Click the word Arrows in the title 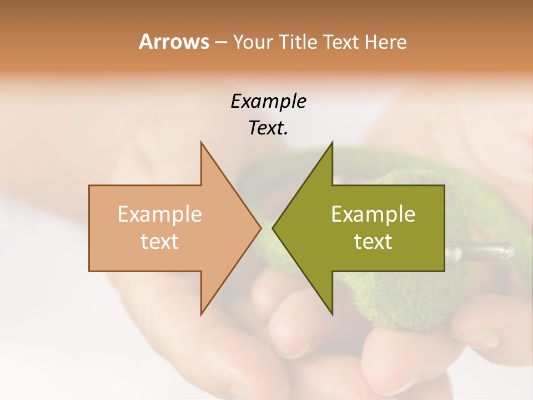[173, 42]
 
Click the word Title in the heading [298, 42]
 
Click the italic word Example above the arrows [268, 102]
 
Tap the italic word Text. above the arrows [268, 128]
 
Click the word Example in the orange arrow [159, 214]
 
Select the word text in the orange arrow [159, 242]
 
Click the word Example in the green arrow [373, 214]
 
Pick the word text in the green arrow [373, 242]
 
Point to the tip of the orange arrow [259, 228]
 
